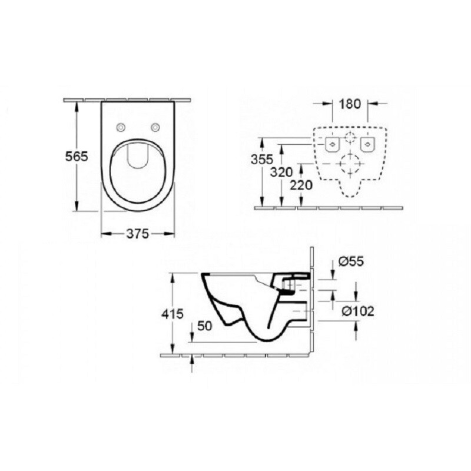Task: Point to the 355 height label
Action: pyautogui.click(x=261, y=160)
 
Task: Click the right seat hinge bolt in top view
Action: pyautogui.click(x=156, y=128)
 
